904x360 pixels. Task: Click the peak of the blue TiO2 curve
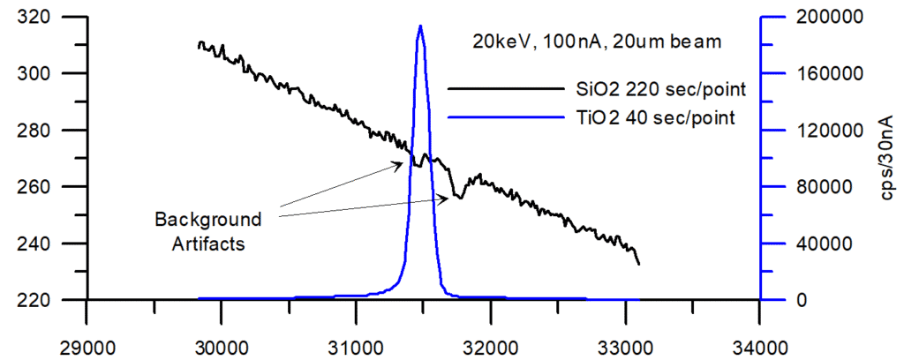point(420,26)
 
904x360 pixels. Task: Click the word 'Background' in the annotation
point(208,219)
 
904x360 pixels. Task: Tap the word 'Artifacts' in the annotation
point(208,244)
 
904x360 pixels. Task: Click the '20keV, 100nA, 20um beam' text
point(598,41)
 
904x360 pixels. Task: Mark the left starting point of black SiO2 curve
point(200,44)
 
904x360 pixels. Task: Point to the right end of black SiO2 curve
point(638,263)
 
